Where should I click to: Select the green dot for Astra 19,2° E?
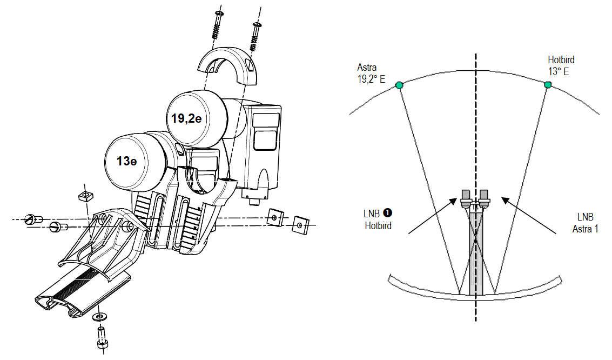coord(399,85)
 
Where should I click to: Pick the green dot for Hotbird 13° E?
coord(547,85)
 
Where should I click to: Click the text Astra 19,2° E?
coord(372,72)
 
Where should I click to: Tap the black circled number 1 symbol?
coord(387,214)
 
